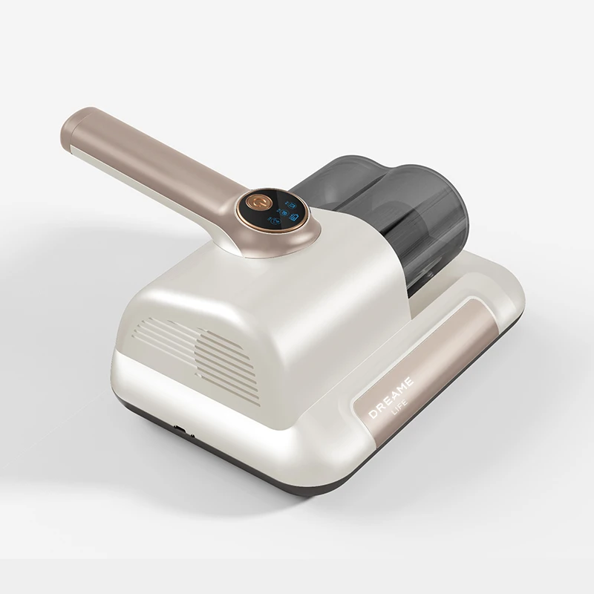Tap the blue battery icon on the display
(x=294, y=218)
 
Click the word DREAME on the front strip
(x=391, y=397)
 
